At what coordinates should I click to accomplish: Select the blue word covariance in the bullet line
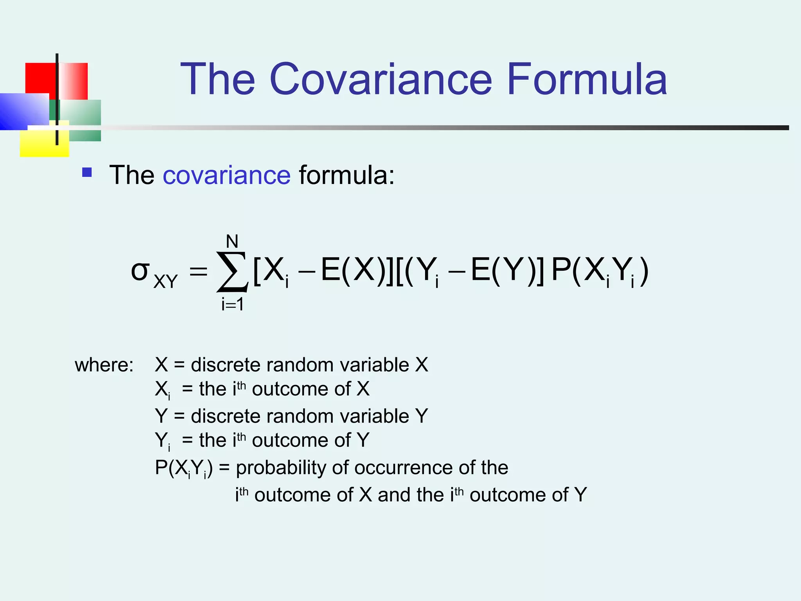coord(226,175)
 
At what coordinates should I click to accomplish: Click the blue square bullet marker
coord(87,173)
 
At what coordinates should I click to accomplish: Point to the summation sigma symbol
coord(232,272)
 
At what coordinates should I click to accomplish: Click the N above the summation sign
coord(232,241)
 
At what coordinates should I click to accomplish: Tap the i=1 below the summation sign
coord(232,304)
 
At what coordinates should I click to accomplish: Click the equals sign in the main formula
coord(198,271)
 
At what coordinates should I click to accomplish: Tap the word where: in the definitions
coord(104,365)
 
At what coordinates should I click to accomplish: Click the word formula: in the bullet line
coord(347,175)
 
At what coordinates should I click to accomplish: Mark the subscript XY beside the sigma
coord(165,281)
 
